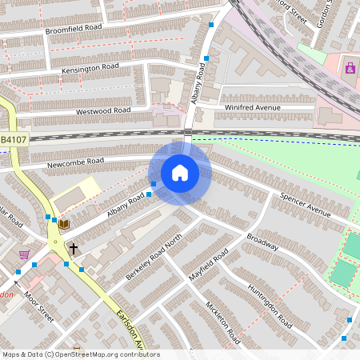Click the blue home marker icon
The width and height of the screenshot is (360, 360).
[x=179, y=173]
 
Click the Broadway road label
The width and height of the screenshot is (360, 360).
[x=262, y=242]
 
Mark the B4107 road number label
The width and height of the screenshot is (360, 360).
[x=13, y=140]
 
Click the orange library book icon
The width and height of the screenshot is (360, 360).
[x=65, y=224]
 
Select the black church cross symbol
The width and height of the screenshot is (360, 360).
[x=73, y=249]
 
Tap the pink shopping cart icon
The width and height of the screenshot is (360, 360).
[x=24, y=254]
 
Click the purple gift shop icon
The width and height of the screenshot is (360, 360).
[x=350, y=68]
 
